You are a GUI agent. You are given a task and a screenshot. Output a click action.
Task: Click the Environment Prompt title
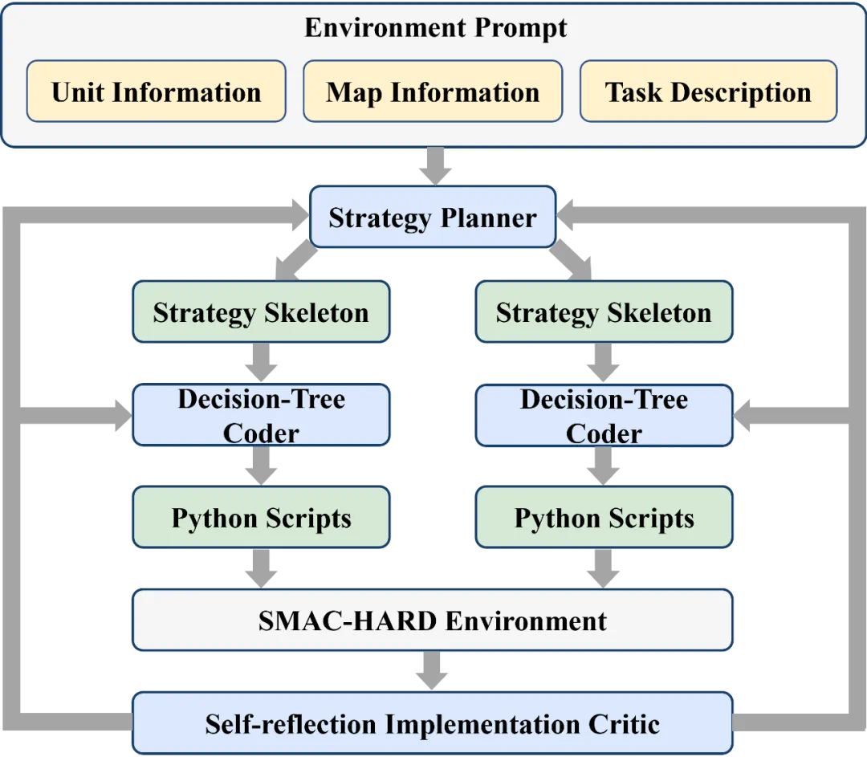click(x=435, y=28)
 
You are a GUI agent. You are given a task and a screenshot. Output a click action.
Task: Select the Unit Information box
click(x=156, y=92)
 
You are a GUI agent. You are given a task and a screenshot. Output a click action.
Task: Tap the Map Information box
click(x=433, y=92)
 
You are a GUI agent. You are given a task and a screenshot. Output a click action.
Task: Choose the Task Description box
click(x=708, y=92)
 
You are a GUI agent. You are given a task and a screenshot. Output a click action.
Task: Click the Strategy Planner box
click(x=433, y=217)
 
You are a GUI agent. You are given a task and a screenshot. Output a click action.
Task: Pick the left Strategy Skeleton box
click(x=261, y=312)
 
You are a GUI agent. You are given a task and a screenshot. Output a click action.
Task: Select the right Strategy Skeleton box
click(x=604, y=312)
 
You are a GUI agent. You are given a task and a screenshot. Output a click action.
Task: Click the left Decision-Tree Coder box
click(x=261, y=415)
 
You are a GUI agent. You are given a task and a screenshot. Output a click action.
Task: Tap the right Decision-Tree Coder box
click(x=604, y=415)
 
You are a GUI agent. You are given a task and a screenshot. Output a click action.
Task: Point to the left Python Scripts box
click(x=261, y=518)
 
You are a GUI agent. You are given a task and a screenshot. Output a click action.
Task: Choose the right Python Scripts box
click(x=604, y=518)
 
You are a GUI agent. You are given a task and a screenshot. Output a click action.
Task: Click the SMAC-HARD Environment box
click(x=433, y=620)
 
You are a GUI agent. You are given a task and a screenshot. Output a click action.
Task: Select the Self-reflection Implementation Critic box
click(x=433, y=723)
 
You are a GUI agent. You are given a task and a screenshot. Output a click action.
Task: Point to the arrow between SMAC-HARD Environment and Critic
click(x=432, y=671)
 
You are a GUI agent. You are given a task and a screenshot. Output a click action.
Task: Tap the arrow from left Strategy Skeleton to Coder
click(x=262, y=364)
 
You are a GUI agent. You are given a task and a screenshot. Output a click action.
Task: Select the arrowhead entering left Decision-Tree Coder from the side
click(x=119, y=416)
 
